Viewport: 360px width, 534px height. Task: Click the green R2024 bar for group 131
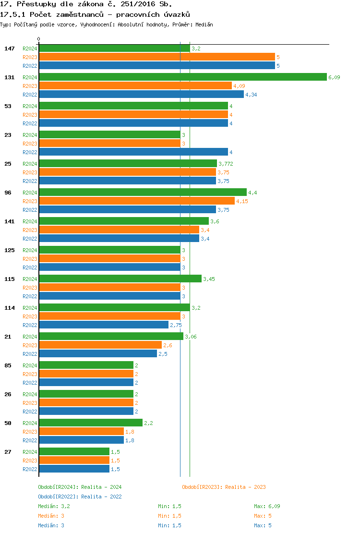pyautogui.click(x=182, y=77)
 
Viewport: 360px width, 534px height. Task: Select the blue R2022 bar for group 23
pyautogui.click(x=133, y=152)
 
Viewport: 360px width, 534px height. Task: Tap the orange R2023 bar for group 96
pyautogui.click(x=136, y=201)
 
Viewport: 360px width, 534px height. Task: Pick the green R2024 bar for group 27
pyautogui.click(x=74, y=452)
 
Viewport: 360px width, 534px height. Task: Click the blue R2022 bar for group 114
pyautogui.click(x=103, y=325)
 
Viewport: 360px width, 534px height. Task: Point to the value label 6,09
pyautogui.click(x=334, y=77)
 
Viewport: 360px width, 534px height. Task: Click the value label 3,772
pyautogui.click(x=226, y=164)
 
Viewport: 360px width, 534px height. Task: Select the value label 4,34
pyautogui.click(x=251, y=95)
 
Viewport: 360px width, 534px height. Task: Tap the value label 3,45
pyautogui.click(x=209, y=279)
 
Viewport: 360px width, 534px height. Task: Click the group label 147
pyautogui.click(x=10, y=49)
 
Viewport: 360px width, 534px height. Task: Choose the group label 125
pyautogui.click(x=10, y=250)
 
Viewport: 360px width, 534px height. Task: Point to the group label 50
pyautogui.click(x=8, y=423)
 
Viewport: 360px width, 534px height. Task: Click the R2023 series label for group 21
pyautogui.click(x=30, y=345)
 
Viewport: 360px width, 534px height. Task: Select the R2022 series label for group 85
pyautogui.click(x=30, y=383)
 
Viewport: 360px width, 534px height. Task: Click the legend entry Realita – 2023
pyautogui.click(x=224, y=487)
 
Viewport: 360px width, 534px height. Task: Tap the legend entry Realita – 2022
pyautogui.click(x=80, y=497)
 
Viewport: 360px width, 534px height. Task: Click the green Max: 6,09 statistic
pyautogui.click(x=267, y=506)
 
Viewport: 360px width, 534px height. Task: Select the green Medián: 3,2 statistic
pyautogui.click(x=54, y=506)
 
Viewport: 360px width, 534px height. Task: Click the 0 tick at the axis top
pyautogui.click(x=39, y=39)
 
